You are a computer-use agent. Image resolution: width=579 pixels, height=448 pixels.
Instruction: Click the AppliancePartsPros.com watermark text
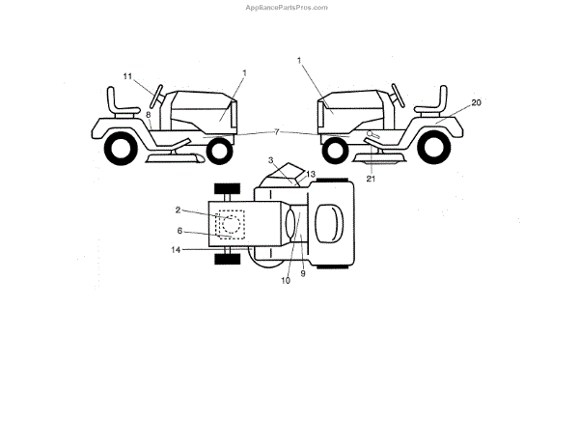click(289, 7)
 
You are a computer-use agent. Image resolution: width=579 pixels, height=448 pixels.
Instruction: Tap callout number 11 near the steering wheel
click(127, 75)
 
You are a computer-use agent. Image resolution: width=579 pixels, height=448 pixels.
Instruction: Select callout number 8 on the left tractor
click(149, 114)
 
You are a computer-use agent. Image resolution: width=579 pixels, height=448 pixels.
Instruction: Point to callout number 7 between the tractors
click(277, 131)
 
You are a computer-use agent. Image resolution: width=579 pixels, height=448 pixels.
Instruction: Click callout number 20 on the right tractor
click(476, 102)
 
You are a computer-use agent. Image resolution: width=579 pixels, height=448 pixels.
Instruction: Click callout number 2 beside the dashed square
click(179, 210)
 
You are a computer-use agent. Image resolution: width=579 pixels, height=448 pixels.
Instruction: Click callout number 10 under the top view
click(285, 280)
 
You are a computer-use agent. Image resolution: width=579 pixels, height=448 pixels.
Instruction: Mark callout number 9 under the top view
click(302, 273)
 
